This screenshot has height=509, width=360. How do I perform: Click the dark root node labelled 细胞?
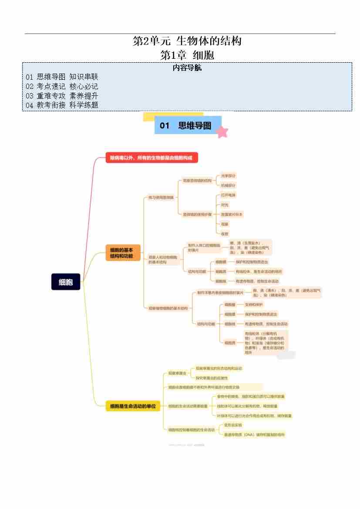pyautogui.click(x=66, y=282)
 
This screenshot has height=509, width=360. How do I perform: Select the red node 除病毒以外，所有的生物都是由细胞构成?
pyautogui.click(x=151, y=158)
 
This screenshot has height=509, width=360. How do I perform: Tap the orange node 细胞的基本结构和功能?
pyautogui.click(x=123, y=253)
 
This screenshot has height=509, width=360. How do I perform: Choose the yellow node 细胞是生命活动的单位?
pyautogui.click(x=133, y=406)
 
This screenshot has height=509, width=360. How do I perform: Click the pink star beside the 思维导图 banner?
pyautogui.click(x=222, y=131)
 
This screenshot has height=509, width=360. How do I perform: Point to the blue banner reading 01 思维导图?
pyautogui.click(x=187, y=125)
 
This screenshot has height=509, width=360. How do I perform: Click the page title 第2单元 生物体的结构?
pyautogui.click(x=187, y=42)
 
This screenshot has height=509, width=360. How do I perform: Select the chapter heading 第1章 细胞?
pyautogui.click(x=187, y=55)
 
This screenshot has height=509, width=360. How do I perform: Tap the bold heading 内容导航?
pyautogui.click(x=187, y=68)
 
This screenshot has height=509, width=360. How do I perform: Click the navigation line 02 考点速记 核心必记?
pyautogui.click(x=62, y=86)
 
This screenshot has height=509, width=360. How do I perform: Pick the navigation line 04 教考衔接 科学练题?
pyautogui.click(x=62, y=105)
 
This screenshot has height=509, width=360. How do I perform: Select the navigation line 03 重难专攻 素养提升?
pyautogui.click(x=62, y=96)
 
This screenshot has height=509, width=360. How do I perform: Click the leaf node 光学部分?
pyautogui.click(x=229, y=175)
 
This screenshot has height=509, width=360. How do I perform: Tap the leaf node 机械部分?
pyautogui.click(x=229, y=185)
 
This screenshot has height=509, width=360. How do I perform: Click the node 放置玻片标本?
pyautogui.click(x=232, y=214)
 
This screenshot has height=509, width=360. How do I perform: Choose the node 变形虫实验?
pyautogui.click(x=232, y=425)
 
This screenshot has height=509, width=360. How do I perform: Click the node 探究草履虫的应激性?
pyautogui.click(x=212, y=378)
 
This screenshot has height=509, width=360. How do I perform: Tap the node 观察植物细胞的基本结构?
pyautogui.click(x=168, y=308)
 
